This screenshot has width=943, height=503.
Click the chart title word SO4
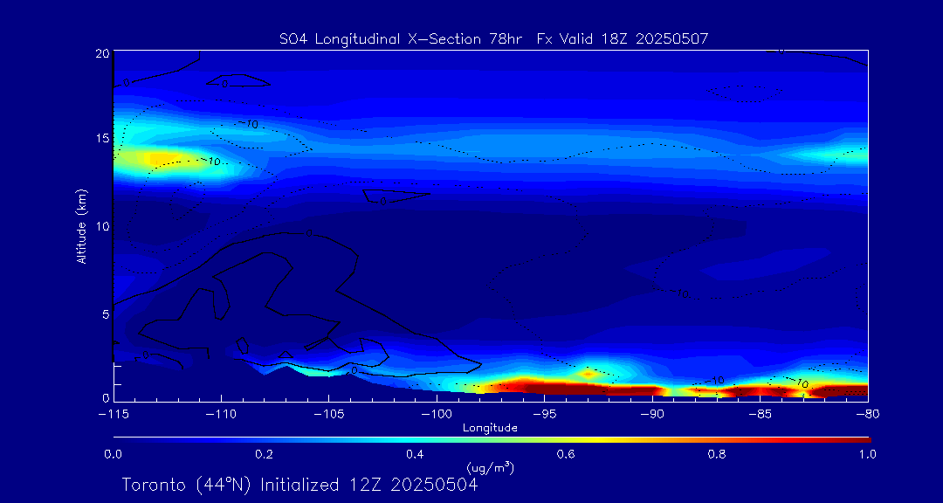pyautogui.click(x=291, y=38)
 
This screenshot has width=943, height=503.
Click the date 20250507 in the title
pyautogui.click(x=673, y=38)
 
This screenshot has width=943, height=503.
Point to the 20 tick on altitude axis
pyautogui.click(x=101, y=54)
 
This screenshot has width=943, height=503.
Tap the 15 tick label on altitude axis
pyautogui.click(x=101, y=139)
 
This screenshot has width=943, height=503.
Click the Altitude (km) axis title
pyautogui.click(x=81, y=226)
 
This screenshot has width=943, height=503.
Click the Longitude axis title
pyautogui.click(x=490, y=428)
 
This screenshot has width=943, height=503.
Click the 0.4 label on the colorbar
pyautogui.click(x=415, y=454)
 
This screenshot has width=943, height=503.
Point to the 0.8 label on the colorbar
pyautogui.click(x=717, y=454)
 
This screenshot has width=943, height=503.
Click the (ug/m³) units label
pyautogui.click(x=490, y=469)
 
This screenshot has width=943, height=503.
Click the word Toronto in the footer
pyautogui.click(x=153, y=485)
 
